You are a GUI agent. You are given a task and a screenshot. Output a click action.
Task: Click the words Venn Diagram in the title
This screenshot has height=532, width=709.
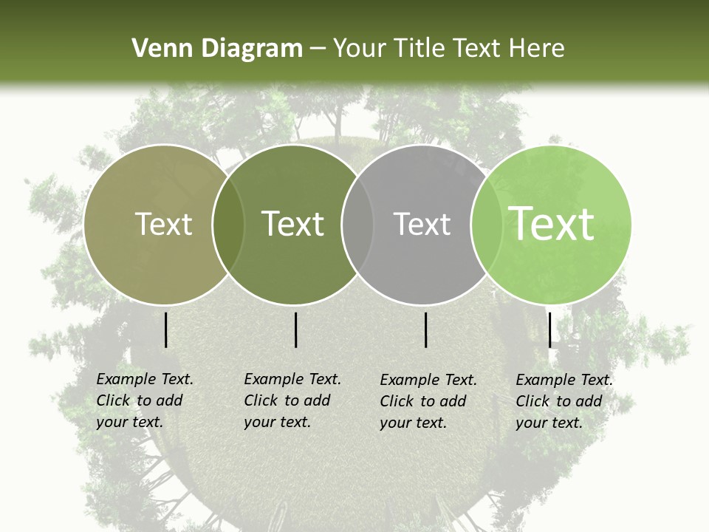[x=217, y=49]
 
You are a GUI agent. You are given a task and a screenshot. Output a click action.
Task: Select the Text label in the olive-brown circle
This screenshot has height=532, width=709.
[x=163, y=224]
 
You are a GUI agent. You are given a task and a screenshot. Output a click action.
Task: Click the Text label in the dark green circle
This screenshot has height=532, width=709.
[x=293, y=224]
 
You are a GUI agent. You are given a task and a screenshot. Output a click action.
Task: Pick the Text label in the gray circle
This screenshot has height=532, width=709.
[x=422, y=224]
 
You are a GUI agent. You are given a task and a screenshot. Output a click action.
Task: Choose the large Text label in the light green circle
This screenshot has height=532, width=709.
[x=552, y=224]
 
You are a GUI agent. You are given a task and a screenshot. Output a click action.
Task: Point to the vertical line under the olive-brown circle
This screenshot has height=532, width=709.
[x=165, y=330]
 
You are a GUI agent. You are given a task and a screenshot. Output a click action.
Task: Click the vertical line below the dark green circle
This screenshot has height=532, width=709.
[x=295, y=330]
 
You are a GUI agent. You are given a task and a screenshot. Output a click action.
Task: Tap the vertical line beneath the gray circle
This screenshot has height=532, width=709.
[x=426, y=330]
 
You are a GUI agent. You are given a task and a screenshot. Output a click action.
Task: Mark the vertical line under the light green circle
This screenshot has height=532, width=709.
[x=549, y=330]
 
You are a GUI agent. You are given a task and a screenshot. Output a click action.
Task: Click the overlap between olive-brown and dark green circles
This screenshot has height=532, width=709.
[x=228, y=224]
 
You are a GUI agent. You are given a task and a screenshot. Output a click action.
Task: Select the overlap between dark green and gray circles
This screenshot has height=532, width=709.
[x=357, y=224]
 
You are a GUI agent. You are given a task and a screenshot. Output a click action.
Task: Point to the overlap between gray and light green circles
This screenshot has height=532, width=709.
[x=485, y=224]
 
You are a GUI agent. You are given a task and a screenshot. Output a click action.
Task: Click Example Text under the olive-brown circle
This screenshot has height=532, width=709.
[x=145, y=379]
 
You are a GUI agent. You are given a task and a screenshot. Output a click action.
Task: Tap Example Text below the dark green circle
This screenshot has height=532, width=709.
[x=292, y=379]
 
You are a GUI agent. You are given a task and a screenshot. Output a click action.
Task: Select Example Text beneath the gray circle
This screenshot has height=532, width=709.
[x=428, y=380]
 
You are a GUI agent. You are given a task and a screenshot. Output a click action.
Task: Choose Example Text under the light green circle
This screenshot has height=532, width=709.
[x=564, y=380]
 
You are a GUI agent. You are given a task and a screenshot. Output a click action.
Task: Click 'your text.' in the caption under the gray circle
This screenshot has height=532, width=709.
[x=414, y=423]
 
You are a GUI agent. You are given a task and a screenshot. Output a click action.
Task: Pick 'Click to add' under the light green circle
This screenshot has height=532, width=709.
[x=559, y=401]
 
